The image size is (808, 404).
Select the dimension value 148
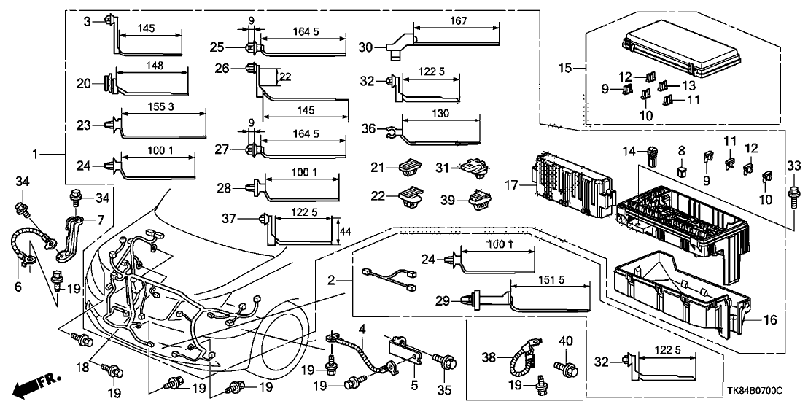point(154,66)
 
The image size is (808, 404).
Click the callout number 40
point(566,341)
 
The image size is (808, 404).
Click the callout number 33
point(793,167)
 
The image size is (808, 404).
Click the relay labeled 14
point(650,154)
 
